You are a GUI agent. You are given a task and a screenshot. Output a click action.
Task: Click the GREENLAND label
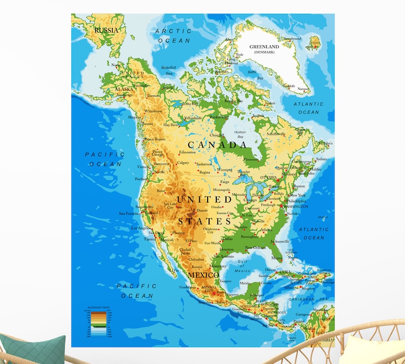[264, 47]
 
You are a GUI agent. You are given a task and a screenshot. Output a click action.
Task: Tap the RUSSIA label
[106, 30]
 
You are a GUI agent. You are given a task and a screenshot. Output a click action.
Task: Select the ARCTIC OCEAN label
[173, 36]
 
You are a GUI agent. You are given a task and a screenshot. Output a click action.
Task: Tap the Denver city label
[202, 210]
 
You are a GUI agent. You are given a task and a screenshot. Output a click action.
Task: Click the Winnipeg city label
[224, 170]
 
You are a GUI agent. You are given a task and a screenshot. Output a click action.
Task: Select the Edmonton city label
[187, 153]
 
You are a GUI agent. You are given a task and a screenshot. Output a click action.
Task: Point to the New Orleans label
[256, 248]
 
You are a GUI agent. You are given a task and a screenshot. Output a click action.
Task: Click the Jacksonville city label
[280, 241]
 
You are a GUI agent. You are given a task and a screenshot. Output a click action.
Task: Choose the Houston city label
[226, 249]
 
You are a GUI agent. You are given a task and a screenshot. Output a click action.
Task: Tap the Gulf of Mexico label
[242, 266]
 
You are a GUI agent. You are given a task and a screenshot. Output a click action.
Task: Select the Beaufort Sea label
[168, 70]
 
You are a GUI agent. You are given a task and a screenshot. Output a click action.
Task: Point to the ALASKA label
[124, 89]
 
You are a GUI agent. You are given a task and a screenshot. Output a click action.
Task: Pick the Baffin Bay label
[256, 75]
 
